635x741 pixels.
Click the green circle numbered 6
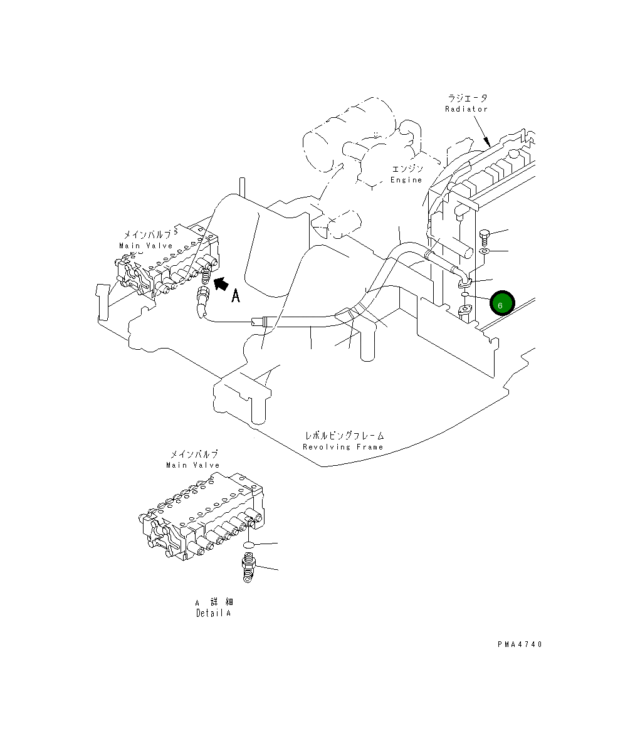tap(502, 303)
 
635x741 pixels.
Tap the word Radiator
tap(466, 109)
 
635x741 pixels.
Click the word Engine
tap(406, 180)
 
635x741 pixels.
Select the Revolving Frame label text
tap(343, 447)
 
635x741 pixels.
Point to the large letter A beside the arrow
tap(236, 296)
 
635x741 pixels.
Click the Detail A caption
tap(213, 613)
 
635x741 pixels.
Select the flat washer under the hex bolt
tap(485, 251)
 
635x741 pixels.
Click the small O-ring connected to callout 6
tap(466, 295)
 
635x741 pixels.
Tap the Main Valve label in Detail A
tap(193, 465)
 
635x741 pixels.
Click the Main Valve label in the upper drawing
tap(145, 246)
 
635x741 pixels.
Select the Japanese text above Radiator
tap(467, 98)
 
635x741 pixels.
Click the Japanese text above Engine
tap(407, 169)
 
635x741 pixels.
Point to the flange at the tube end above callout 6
tap(464, 283)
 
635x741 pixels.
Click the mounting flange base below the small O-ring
tap(467, 310)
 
